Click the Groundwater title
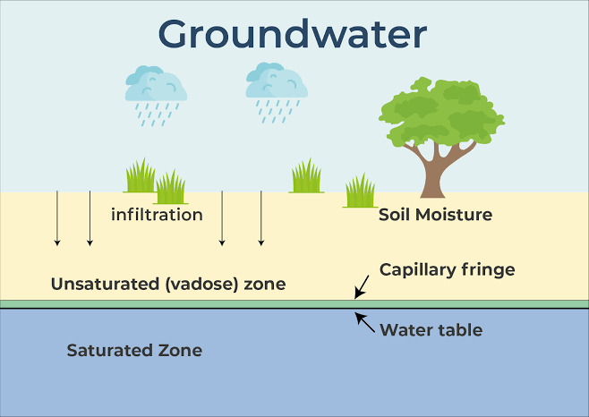tap(293, 34)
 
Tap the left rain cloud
tap(157, 85)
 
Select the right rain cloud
tap(277, 82)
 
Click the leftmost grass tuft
tap(140, 176)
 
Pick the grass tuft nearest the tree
tap(360, 191)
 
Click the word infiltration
tap(157, 215)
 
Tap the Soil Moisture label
tap(435, 215)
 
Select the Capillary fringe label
tap(447, 268)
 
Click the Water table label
tap(431, 330)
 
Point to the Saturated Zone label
tap(134, 350)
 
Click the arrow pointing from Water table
tap(364, 319)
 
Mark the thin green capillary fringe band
tap(224, 304)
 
